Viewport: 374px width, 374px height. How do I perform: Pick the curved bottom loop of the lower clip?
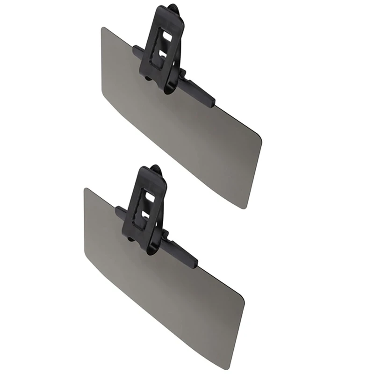pyautogui.click(x=150, y=250)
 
